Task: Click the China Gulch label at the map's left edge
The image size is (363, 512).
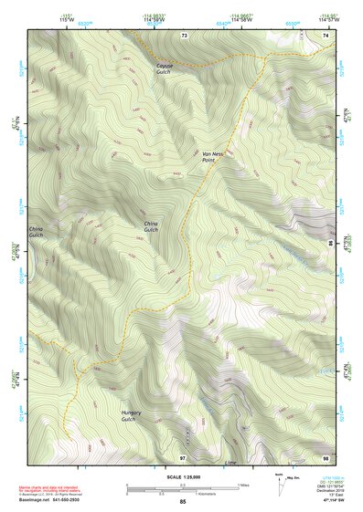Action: click(x=36, y=232)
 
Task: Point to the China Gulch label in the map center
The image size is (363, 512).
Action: click(x=151, y=226)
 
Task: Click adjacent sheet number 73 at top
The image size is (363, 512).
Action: click(x=184, y=35)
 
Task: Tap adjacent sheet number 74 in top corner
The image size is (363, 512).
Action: click(x=326, y=35)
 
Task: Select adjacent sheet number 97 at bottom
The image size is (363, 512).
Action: click(x=183, y=456)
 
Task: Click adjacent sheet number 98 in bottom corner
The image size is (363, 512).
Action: click(x=326, y=456)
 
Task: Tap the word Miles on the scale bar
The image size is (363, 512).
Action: click(x=242, y=485)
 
